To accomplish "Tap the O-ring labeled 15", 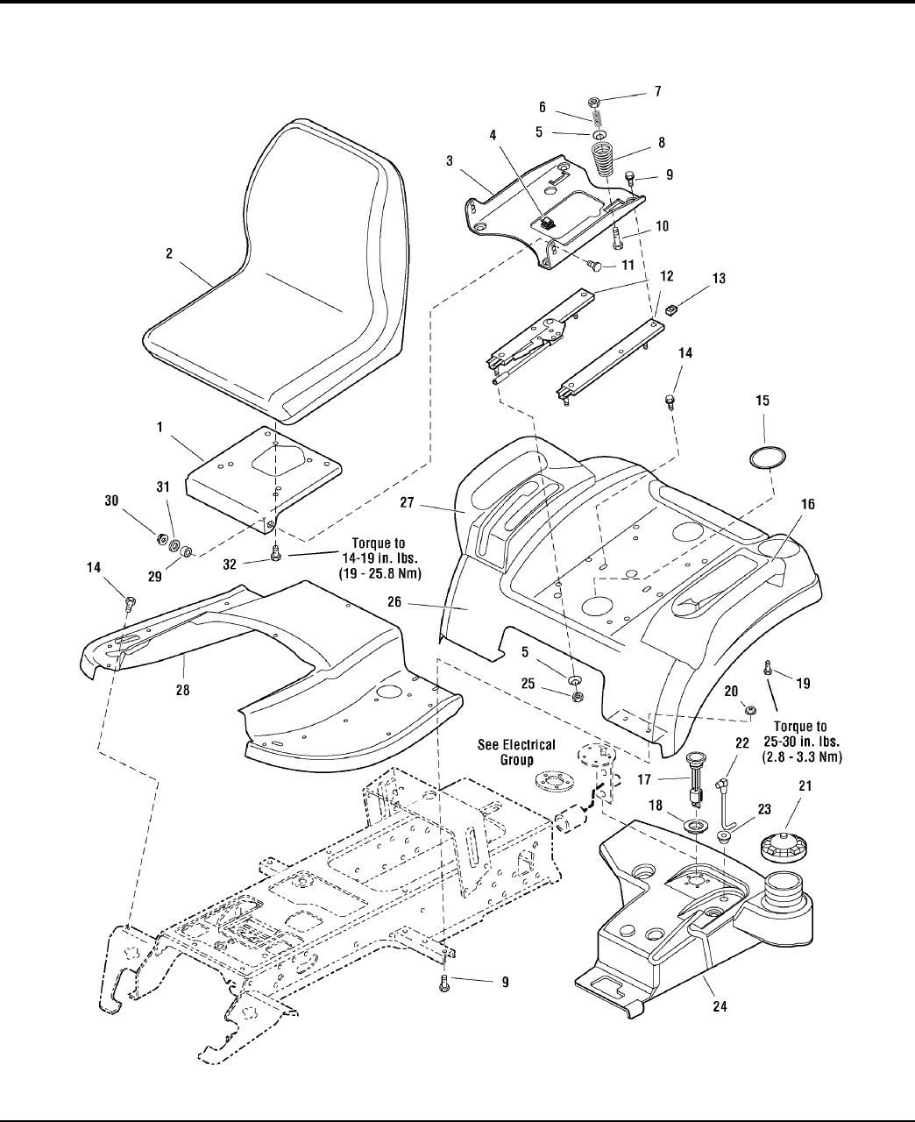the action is pyautogui.click(x=767, y=457).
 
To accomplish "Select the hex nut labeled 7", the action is pyautogui.click(x=594, y=102).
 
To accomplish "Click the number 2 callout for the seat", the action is pyautogui.click(x=169, y=254).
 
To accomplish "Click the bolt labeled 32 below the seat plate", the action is pyautogui.click(x=275, y=552).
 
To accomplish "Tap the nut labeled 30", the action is pyautogui.click(x=159, y=539).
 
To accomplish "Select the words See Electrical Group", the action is pyautogui.click(x=516, y=752).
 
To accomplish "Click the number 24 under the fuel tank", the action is pyautogui.click(x=720, y=1006).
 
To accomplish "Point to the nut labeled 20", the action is pyautogui.click(x=750, y=709).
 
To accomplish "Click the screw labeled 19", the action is pyautogui.click(x=767, y=667).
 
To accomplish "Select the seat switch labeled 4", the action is pyautogui.click(x=546, y=222).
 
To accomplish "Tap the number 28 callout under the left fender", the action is pyautogui.click(x=182, y=690).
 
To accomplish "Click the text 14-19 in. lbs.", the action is pyautogui.click(x=379, y=558).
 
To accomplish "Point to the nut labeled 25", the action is pyautogui.click(x=576, y=696).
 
